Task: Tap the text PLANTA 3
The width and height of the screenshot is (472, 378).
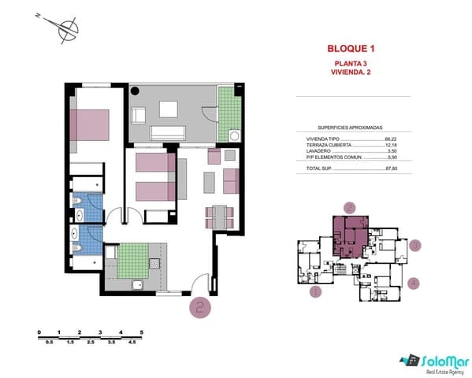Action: [x=350, y=63]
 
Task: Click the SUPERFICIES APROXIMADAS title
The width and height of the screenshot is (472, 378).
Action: [x=350, y=127]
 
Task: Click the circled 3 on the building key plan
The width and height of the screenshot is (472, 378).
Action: [x=416, y=245]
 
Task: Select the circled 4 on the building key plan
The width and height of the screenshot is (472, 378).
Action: [x=414, y=283]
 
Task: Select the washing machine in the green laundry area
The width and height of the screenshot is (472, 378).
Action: [x=233, y=135]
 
